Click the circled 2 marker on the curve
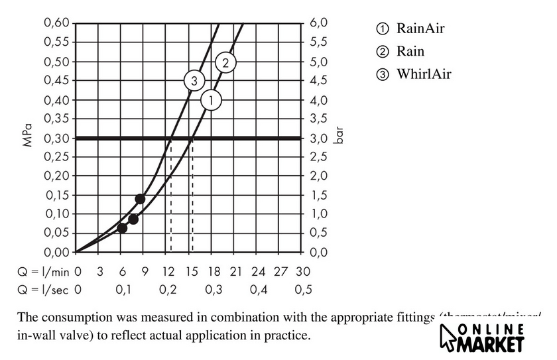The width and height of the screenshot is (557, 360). pyautogui.click(x=225, y=63)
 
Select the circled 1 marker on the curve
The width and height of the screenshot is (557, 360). pyautogui.click(x=210, y=100)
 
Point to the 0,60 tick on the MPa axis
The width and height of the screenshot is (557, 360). pyautogui.click(x=57, y=23)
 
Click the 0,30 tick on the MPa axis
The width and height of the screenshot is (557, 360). pyautogui.click(x=57, y=138)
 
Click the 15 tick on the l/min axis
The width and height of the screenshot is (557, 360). pyautogui.click(x=192, y=272)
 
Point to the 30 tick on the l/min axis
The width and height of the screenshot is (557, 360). pyautogui.click(x=304, y=272)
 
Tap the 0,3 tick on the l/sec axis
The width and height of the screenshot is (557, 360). pyautogui.click(x=214, y=290)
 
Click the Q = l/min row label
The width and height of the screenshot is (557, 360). pyautogui.click(x=43, y=272)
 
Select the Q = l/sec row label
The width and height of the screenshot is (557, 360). pyautogui.click(x=43, y=290)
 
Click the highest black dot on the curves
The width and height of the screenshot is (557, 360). pyautogui.click(x=140, y=199)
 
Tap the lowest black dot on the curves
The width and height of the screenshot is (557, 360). pyautogui.click(x=122, y=228)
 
